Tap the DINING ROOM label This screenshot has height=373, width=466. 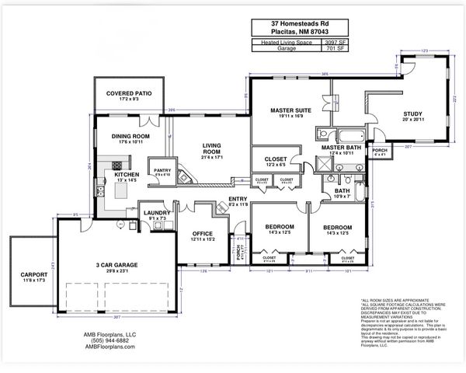coord(130,136)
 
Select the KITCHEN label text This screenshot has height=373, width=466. coord(127,175)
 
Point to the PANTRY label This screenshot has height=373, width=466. coord(162,170)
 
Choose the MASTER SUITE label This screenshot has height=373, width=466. coord(291,110)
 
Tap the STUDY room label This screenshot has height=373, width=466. coord(412,113)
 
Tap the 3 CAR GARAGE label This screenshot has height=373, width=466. coord(116,265)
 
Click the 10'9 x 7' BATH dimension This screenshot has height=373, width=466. coord(343,197)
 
